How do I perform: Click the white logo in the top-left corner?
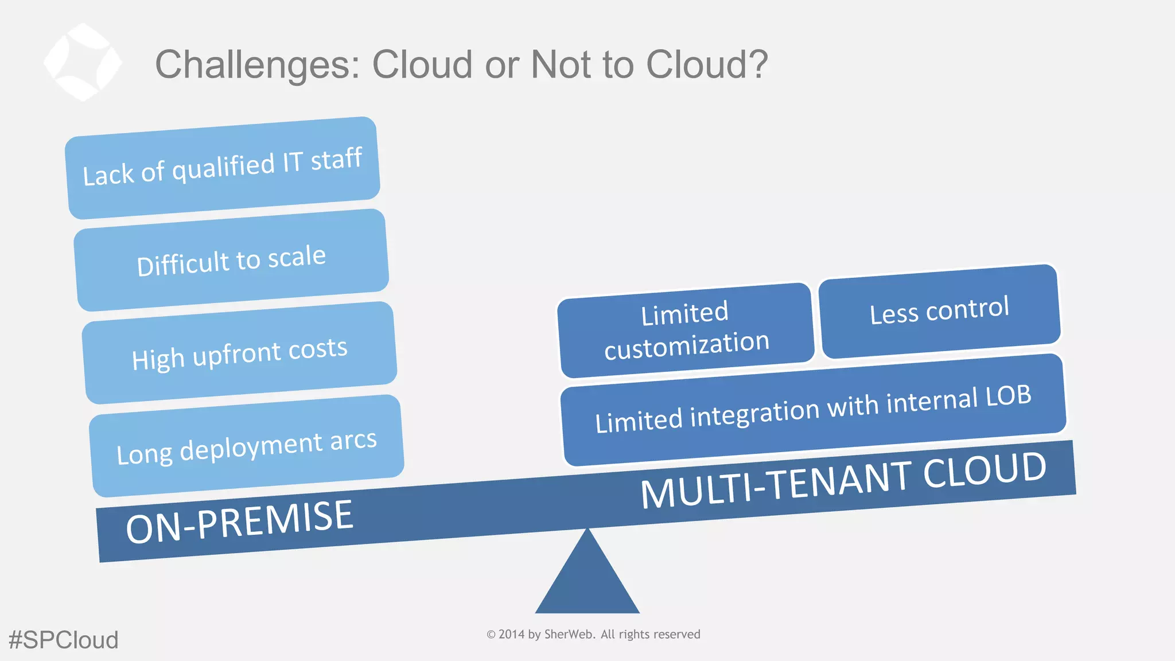(x=83, y=62)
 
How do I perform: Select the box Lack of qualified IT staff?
(x=223, y=168)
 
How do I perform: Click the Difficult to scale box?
(x=231, y=260)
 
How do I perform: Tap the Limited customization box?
(x=686, y=330)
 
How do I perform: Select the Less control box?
(x=939, y=311)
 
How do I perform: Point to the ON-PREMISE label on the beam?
(x=239, y=521)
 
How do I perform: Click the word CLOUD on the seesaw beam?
(x=985, y=470)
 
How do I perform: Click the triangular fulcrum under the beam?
(x=587, y=580)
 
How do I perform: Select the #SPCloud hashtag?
(x=63, y=640)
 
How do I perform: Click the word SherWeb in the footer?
(x=568, y=634)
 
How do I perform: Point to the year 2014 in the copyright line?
(x=511, y=634)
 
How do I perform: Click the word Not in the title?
(x=562, y=64)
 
